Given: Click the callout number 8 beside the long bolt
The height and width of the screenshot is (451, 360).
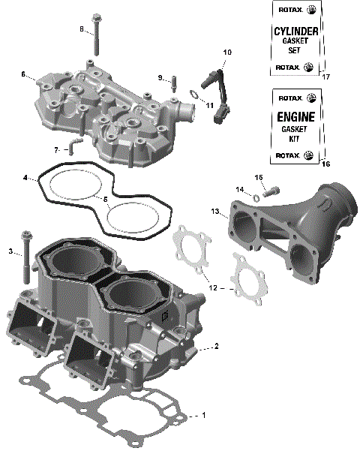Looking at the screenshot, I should click(82, 29).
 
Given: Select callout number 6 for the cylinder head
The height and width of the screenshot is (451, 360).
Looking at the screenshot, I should click(23, 74).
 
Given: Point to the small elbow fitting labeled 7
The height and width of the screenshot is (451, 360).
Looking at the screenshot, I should click(74, 145).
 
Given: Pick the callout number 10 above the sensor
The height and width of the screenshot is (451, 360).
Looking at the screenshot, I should click(227, 52).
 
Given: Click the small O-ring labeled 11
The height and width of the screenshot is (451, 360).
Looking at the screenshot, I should click(193, 95).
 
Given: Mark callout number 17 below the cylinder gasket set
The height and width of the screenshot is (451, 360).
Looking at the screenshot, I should click(325, 77).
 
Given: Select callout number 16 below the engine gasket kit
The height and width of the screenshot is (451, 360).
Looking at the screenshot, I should click(325, 162).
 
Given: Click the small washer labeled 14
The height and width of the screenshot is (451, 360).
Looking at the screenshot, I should click(256, 197).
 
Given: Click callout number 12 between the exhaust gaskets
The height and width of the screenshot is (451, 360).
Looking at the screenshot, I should click(213, 287).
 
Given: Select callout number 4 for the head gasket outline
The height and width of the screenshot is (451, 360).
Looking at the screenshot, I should click(25, 179).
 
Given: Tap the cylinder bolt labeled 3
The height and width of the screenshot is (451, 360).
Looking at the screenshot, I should click(26, 255).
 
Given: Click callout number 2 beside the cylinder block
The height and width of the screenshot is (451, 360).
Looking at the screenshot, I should click(216, 346).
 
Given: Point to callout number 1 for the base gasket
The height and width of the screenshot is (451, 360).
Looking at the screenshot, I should click(202, 415).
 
